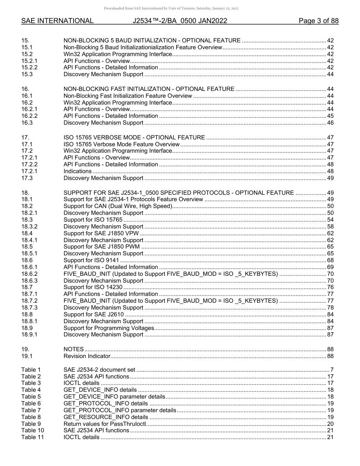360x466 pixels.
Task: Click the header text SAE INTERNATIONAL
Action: pyautogui.click(x=57, y=21)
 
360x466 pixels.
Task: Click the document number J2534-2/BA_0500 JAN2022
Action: pyautogui.click(x=180, y=21)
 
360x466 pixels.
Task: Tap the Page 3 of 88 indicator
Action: pyautogui.click(x=318, y=21)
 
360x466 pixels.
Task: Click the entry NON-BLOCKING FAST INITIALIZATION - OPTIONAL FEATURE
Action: pyautogui.click(x=149, y=89)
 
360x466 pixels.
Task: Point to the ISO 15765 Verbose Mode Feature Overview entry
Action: pyautogui.click(x=121, y=144)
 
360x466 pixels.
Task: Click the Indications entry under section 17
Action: pyautogui.click(x=77, y=171)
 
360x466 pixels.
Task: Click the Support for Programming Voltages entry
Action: pyautogui.click(x=109, y=328)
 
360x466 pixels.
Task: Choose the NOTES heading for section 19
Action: pyautogui.click(x=74, y=349)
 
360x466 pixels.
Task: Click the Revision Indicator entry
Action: pyautogui.click(x=87, y=356)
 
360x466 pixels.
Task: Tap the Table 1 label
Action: pyautogui.click(x=31, y=370)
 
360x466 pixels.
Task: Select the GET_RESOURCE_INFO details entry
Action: pyautogui.click(x=106, y=417)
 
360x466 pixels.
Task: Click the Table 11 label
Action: pyautogui.click(x=33, y=437)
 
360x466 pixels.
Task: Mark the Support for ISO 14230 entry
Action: pyautogui.click(x=93, y=288)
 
